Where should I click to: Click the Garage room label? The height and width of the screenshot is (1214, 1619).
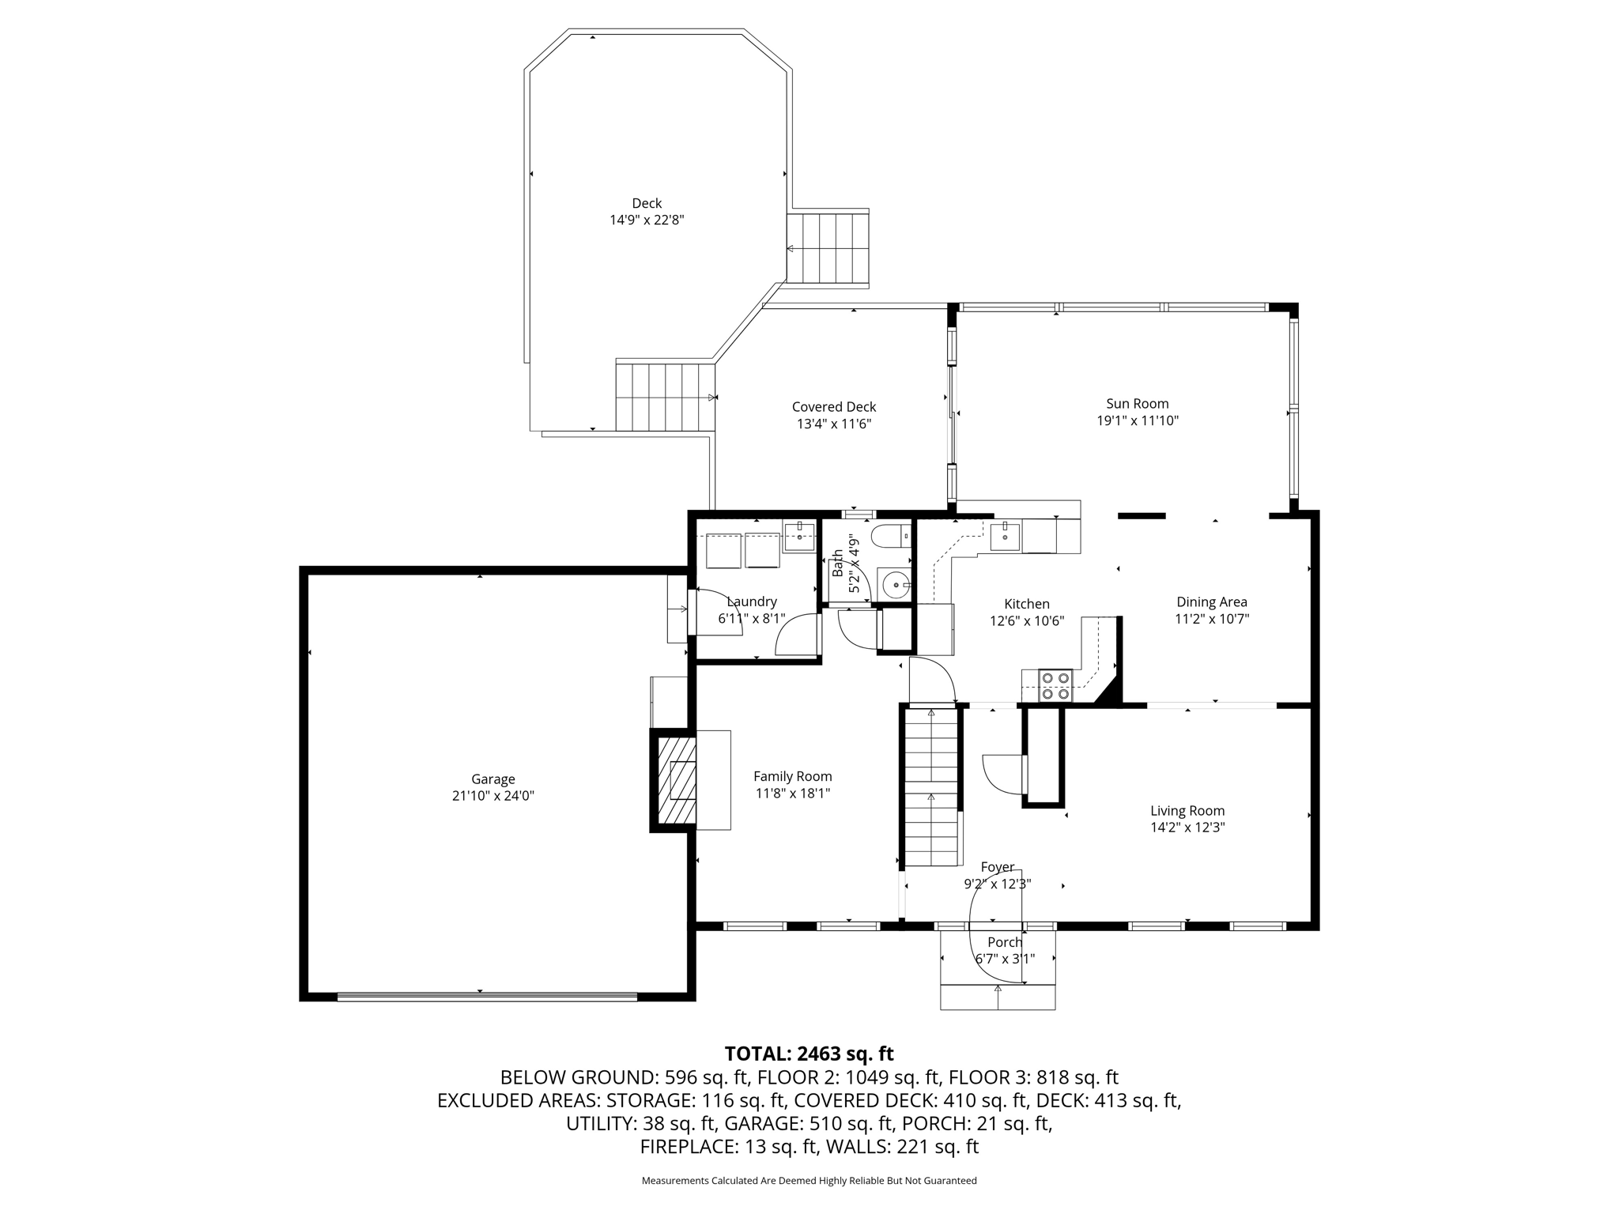493,779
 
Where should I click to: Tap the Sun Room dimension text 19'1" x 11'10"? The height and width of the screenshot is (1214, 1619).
1138,421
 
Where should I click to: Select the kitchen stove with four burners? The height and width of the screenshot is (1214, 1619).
1055,685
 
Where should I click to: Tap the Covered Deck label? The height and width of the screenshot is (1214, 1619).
834,407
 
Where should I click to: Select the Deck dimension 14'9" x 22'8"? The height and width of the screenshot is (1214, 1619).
647,221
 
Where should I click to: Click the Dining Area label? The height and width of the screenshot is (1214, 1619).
1212,602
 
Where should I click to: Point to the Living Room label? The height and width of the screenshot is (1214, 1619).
1187,811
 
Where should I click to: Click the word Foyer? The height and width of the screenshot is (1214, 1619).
998,868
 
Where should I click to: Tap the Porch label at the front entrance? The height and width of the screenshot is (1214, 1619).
1005,942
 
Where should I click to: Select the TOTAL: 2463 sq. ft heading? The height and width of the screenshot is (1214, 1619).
809,1054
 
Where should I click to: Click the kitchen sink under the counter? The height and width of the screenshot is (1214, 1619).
1006,535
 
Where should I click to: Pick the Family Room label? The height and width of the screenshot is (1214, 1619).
793,777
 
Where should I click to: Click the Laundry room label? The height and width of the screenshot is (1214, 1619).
752,602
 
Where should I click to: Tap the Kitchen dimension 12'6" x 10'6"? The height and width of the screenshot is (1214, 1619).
1027,621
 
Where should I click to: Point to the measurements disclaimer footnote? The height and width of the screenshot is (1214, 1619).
809,1181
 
